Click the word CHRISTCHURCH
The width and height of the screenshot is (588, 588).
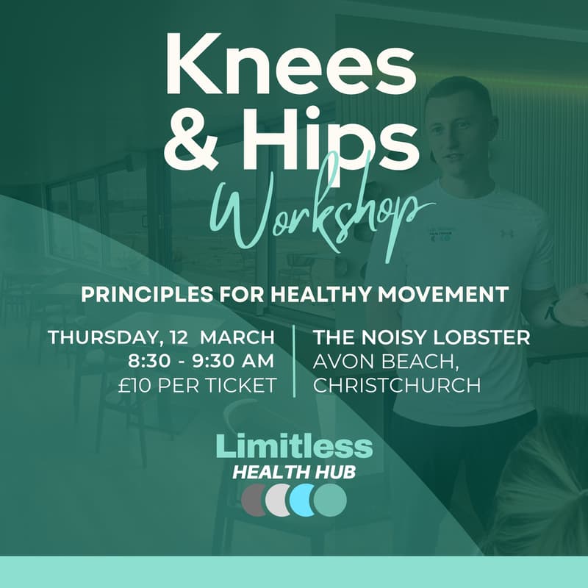click(x=397, y=384)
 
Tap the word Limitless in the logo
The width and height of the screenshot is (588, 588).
click(x=294, y=446)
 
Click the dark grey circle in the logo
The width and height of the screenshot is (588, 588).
click(x=254, y=499)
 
